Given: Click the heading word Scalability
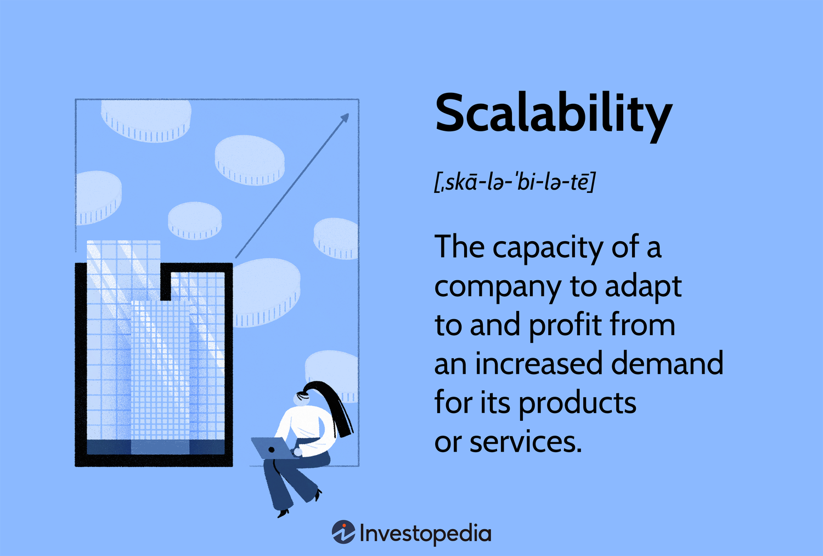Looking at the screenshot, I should click(x=553, y=114).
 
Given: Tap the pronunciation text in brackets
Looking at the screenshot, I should click(x=514, y=182).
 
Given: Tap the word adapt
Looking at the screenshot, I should click(x=642, y=287).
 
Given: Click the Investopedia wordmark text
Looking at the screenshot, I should click(x=425, y=533).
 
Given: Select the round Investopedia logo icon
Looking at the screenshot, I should click(x=343, y=532).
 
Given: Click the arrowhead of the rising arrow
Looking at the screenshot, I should click(x=345, y=118).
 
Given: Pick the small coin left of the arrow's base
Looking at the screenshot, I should click(x=195, y=220).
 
